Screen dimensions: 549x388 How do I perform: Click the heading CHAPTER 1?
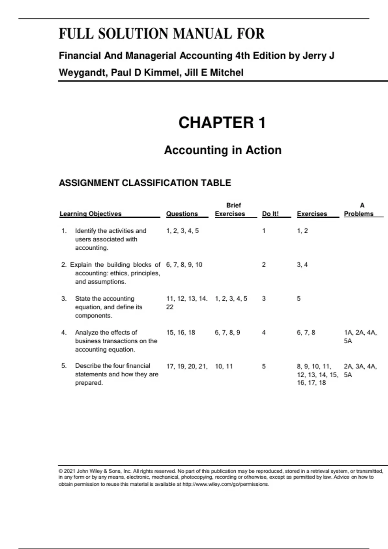point(222,123)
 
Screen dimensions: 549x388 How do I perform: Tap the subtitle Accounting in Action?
point(223,150)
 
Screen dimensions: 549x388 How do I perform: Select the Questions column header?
point(182,214)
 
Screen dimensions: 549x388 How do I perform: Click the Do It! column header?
point(270,214)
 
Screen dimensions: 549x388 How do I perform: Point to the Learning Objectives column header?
point(91,214)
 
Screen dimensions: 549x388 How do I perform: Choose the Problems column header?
point(359,214)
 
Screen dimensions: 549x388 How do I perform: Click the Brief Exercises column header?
point(230,210)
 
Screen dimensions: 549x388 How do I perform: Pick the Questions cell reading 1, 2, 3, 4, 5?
point(182,231)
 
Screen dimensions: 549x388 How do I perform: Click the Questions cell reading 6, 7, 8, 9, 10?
point(184,265)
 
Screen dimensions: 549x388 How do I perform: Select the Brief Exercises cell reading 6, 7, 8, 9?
point(227,333)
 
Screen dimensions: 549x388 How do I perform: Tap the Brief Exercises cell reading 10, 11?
point(224,367)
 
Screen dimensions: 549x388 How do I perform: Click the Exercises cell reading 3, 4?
point(302,265)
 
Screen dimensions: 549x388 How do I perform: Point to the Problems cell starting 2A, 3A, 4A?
point(360,370)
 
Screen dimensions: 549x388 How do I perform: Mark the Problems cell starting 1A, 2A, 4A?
point(360,337)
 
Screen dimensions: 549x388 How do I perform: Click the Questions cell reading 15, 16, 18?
point(181,333)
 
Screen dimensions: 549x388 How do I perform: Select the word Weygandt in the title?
point(83,73)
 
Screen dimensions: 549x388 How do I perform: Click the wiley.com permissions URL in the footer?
point(226,484)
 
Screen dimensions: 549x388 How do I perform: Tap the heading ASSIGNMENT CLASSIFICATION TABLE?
point(145,183)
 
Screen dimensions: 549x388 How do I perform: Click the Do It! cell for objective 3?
point(264,299)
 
